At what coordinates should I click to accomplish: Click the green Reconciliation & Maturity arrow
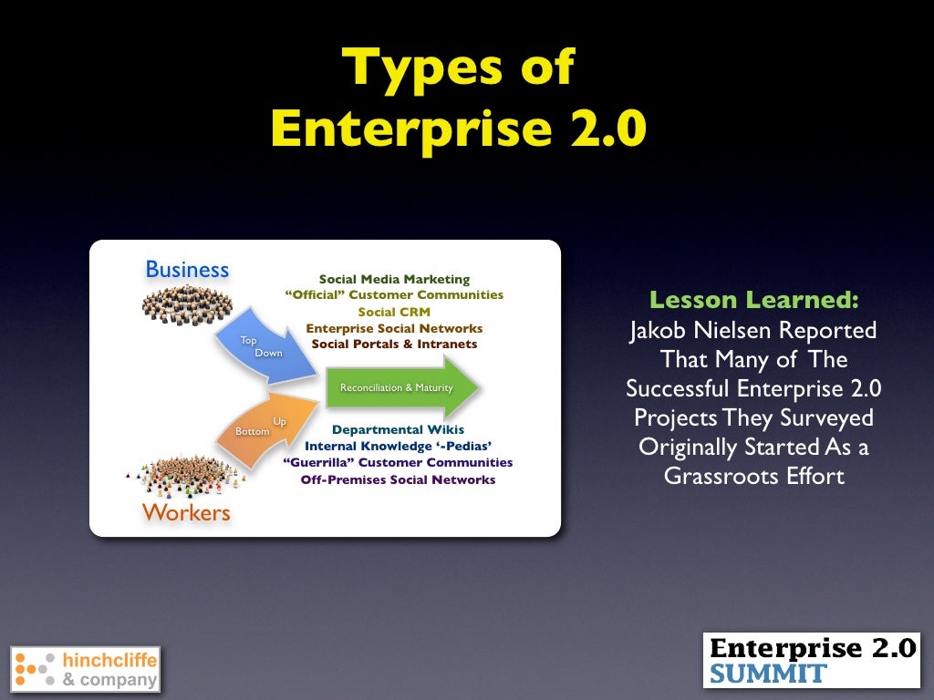[x=401, y=387]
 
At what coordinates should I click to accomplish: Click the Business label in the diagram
[x=187, y=269]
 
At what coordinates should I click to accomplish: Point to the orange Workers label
[x=186, y=512]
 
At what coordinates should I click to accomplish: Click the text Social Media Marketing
[x=394, y=279]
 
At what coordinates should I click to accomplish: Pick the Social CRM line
[x=394, y=312]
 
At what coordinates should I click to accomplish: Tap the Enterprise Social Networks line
[x=394, y=328]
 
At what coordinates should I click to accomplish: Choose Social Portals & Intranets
[x=394, y=344]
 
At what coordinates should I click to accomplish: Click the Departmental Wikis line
[x=398, y=429]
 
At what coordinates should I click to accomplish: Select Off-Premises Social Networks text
[x=398, y=479]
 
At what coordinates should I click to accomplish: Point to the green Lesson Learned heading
[x=753, y=300]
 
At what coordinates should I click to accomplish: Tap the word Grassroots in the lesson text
[x=716, y=475]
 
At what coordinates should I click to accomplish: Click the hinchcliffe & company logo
[x=85, y=669]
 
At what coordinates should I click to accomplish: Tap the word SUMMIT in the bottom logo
[x=768, y=674]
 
